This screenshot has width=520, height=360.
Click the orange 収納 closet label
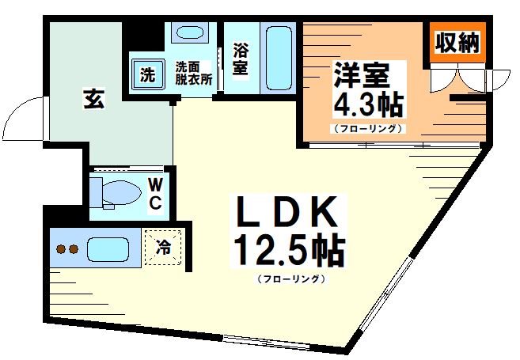click(x=457, y=42)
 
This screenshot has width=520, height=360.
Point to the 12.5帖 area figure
click(x=288, y=251)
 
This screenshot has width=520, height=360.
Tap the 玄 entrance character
click(x=93, y=100)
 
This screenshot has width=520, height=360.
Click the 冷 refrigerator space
click(x=164, y=246)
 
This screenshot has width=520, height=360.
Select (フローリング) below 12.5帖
click(x=288, y=279)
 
